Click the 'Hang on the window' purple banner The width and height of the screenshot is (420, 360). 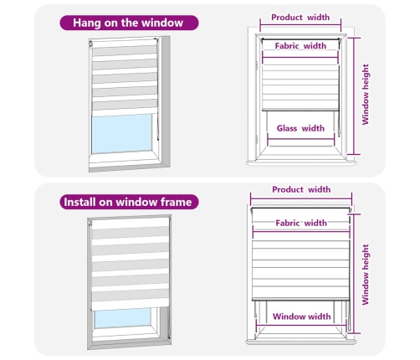coord(129,23)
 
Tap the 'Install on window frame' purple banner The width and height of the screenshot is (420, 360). coord(129,202)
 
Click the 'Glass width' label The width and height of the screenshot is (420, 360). coord(300,128)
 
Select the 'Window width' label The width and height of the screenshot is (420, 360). coord(301,316)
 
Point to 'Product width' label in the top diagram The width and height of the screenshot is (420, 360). coord(300,18)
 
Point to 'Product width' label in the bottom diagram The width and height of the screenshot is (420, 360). coord(301,189)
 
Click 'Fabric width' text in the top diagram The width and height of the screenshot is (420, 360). coord(300,46)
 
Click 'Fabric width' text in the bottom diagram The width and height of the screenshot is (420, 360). coord(301,223)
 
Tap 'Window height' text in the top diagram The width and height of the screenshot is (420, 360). coord(366,95)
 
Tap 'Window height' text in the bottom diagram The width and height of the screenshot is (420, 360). coord(366,275)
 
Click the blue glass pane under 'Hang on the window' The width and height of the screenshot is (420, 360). coord(122,134)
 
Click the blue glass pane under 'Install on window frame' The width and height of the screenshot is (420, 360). coord(122,318)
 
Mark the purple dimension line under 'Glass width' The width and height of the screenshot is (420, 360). coord(300,139)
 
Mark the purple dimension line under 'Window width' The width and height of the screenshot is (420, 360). coord(301,325)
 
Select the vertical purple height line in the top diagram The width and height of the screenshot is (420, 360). coord(354,96)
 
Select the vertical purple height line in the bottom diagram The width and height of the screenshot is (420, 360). coord(354,274)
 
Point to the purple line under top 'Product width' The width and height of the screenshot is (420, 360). coord(300,25)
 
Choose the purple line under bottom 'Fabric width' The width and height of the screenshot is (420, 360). coord(301,231)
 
